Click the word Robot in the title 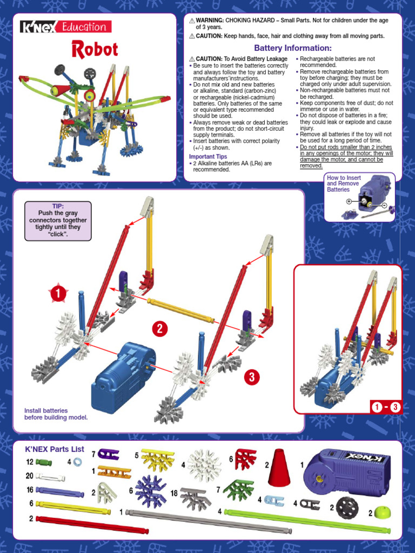click(95, 50)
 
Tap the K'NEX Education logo click(65, 27)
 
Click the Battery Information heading click(292, 48)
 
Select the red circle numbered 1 click(58, 294)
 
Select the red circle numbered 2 click(159, 328)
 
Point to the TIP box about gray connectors click(58, 221)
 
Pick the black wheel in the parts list click(347, 508)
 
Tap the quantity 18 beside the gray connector click(174, 494)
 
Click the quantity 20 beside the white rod click(30, 476)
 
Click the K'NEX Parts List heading click(55, 449)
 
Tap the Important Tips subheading click(208, 157)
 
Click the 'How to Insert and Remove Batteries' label click(344, 184)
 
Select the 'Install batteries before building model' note click(56, 414)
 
